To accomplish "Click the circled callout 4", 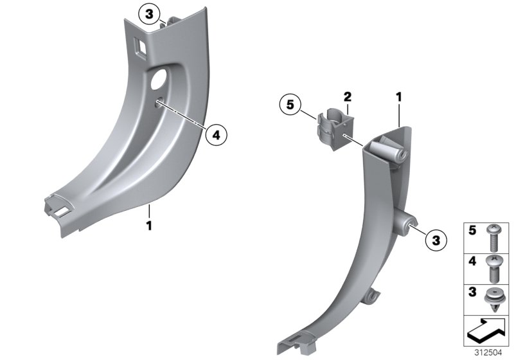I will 217,134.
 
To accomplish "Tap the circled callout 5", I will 290,104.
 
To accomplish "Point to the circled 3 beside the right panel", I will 435,241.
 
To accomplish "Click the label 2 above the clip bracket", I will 347,97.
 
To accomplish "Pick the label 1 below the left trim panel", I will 148,226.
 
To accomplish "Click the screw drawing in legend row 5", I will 493,238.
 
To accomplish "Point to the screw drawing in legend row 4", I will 493,268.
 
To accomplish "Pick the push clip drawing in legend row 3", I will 493,299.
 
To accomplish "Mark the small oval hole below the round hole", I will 158,100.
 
